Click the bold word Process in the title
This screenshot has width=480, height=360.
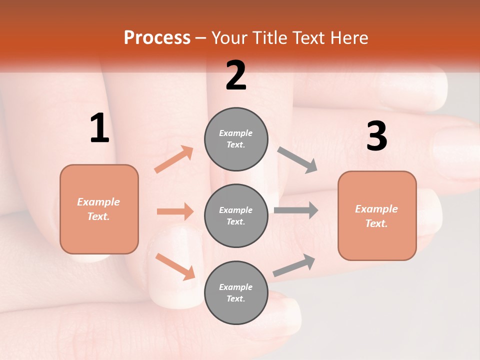[x=157, y=38]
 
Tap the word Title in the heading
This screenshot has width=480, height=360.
[x=270, y=38]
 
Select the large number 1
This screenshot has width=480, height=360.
[x=99, y=128]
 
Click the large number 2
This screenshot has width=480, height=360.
[x=236, y=75]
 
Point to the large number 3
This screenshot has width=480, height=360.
[x=376, y=136]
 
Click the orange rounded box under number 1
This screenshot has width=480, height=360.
[x=99, y=209]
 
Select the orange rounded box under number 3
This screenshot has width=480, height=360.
[x=377, y=216]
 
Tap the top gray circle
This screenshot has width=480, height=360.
[x=236, y=139]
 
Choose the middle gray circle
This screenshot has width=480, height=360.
[x=236, y=215]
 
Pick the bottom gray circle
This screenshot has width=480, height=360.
[x=236, y=292]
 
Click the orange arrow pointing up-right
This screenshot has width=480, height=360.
[x=173, y=159]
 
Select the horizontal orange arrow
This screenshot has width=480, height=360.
[x=175, y=211]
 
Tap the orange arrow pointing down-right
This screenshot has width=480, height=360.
[x=175, y=266]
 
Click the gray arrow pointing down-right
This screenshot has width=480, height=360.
[x=297, y=160]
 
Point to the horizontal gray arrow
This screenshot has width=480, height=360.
[x=295, y=210]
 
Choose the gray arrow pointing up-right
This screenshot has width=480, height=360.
[x=294, y=265]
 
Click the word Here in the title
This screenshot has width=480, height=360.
[x=349, y=38]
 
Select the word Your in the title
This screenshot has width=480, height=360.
[x=230, y=38]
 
